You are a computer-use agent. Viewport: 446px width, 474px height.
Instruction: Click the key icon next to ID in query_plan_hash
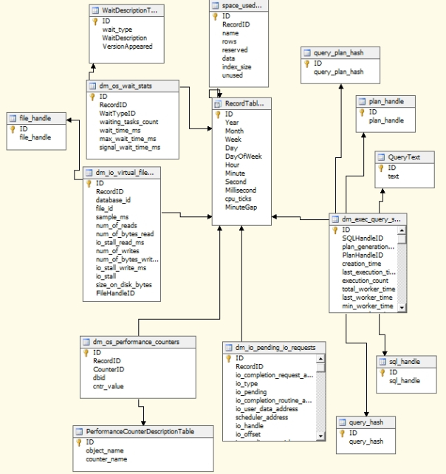coord(307,63)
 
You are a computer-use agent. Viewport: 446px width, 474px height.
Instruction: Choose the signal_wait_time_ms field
coord(129,148)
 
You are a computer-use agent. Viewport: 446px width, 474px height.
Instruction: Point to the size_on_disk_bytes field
coord(123,284)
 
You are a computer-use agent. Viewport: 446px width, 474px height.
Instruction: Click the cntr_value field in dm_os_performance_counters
coord(109,385)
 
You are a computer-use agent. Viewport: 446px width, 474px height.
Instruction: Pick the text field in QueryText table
coord(393,176)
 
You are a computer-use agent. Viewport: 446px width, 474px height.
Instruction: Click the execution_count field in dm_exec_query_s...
coord(365,281)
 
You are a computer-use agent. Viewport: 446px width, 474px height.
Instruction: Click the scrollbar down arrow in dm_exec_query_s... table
coord(402,307)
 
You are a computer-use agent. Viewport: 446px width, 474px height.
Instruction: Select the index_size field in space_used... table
coord(237,66)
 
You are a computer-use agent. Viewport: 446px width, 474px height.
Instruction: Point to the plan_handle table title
coord(386,101)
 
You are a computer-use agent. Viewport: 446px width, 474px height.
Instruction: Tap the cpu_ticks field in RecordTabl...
coord(239,199)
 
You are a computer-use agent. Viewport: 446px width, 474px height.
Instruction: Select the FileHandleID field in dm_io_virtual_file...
coord(115,293)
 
